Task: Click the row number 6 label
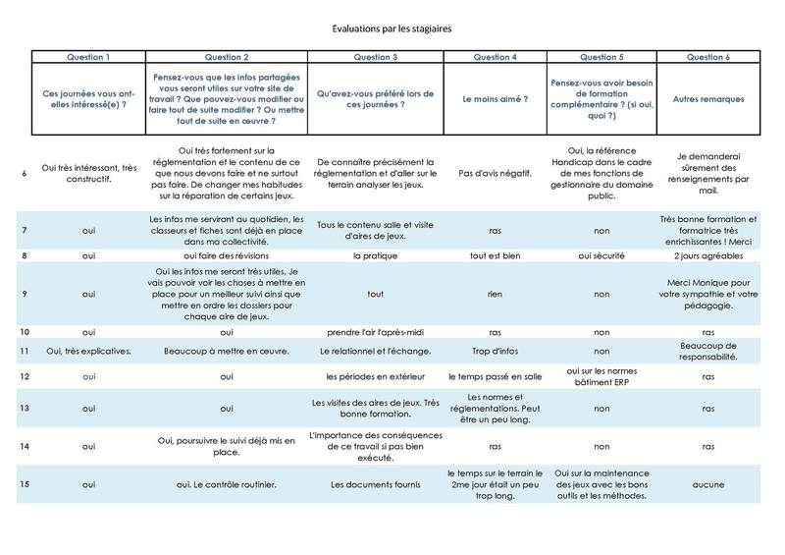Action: coord(24,173)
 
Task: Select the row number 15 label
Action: coord(24,483)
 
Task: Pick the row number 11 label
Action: coord(24,351)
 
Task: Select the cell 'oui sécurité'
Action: coord(598,255)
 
